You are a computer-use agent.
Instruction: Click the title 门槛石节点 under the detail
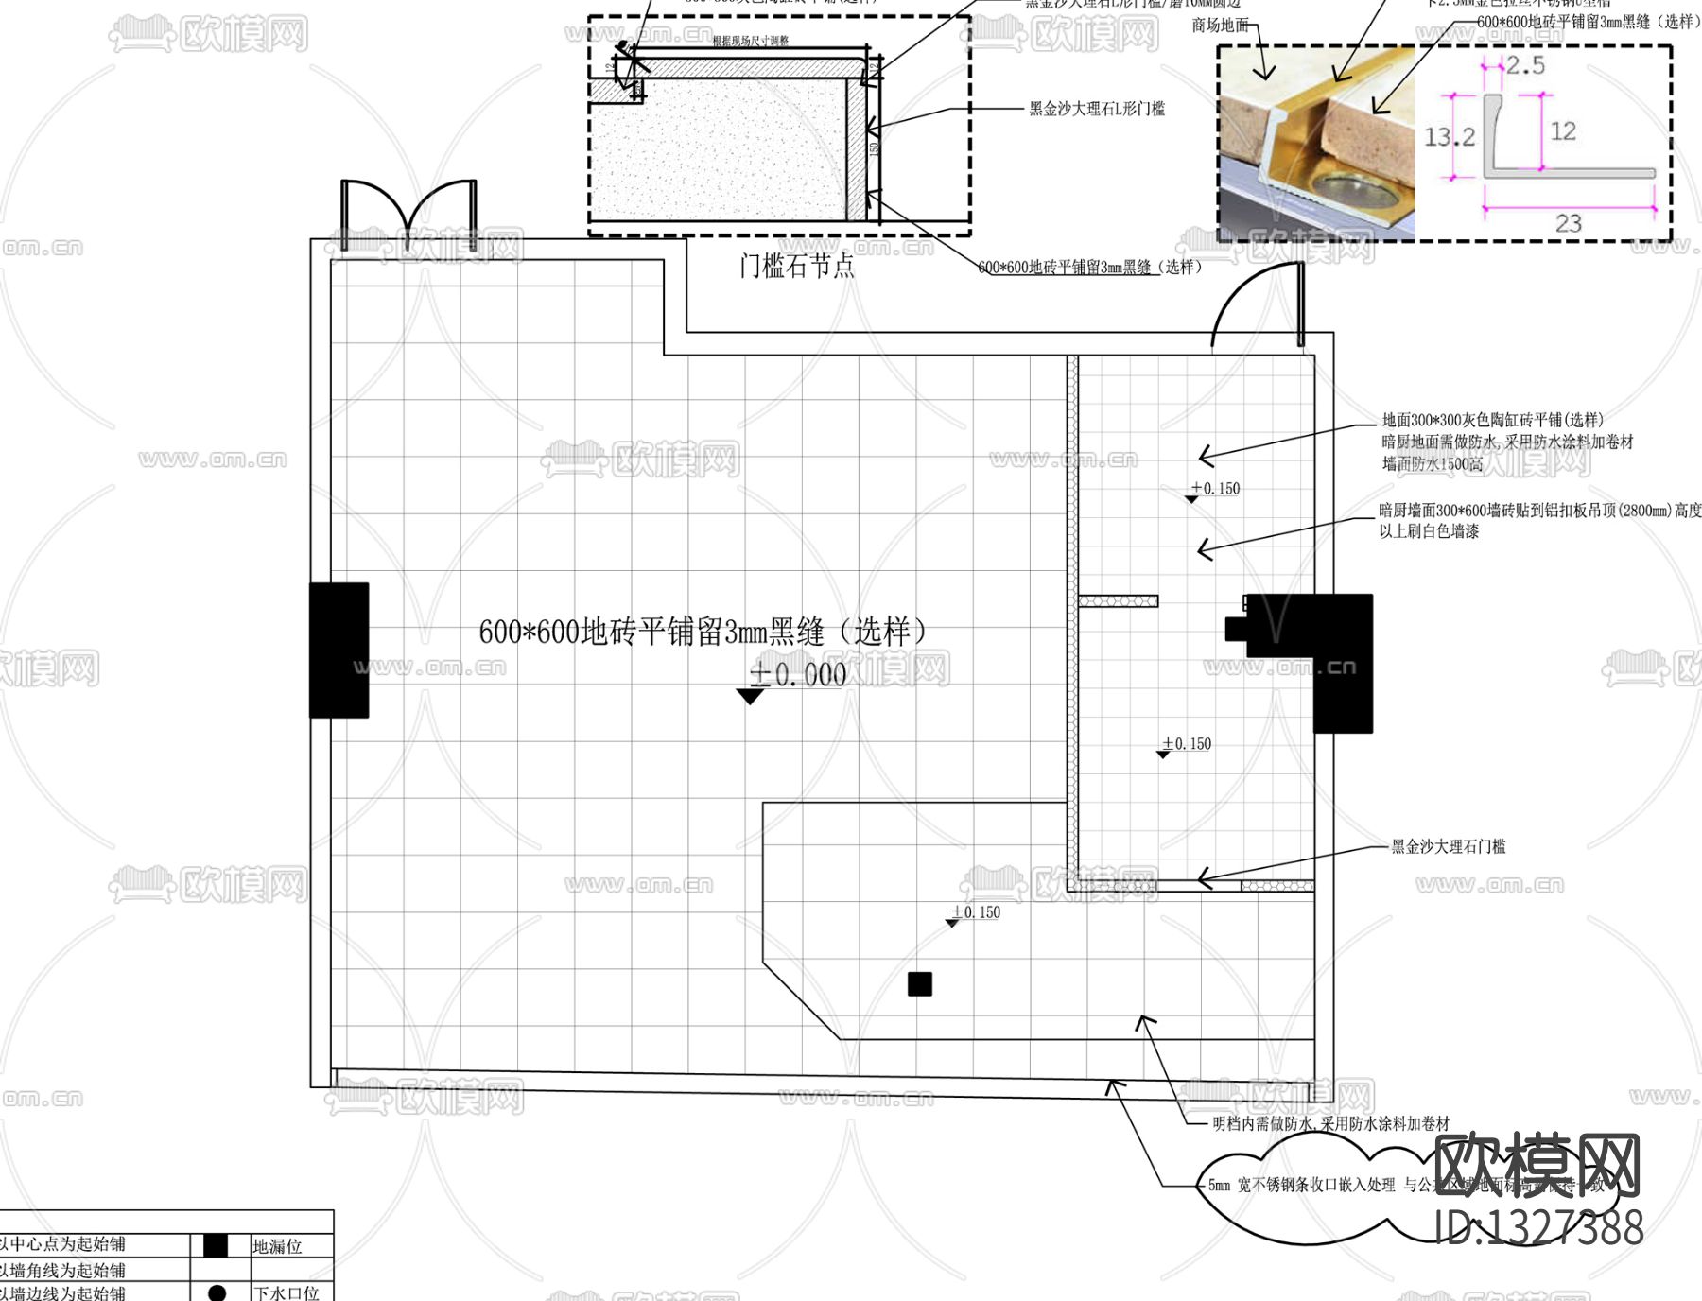pos(796,266)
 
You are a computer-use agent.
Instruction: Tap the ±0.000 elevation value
pos(798,674)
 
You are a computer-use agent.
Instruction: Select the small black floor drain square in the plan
pos(920,984)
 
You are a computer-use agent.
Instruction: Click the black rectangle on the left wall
pos(339,650)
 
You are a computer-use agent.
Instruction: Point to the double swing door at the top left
pos(408,213)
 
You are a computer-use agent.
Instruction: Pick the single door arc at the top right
pos(1259,304)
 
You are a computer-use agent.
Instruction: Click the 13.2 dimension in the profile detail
pos(1449,137)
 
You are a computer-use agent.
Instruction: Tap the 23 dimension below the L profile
pos(1568,223)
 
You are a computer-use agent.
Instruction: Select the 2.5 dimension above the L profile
pos(1524,65)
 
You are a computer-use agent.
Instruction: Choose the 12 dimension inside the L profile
pos(1562,131)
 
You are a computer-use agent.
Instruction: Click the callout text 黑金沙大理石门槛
pos(1448,846)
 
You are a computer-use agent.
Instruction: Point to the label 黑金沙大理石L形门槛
pos(1097,109)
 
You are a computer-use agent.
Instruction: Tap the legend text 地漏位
pos(277,1246)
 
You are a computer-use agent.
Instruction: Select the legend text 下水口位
pos(286,1292)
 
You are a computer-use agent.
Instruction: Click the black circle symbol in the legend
pos(217,1292)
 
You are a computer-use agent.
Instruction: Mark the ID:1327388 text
pos(1538,1227)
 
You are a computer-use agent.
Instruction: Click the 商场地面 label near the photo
pos(1220,26)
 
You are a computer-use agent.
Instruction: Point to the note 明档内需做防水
pos(1329,1123)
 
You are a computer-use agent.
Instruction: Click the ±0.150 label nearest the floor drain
pos(976,912)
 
